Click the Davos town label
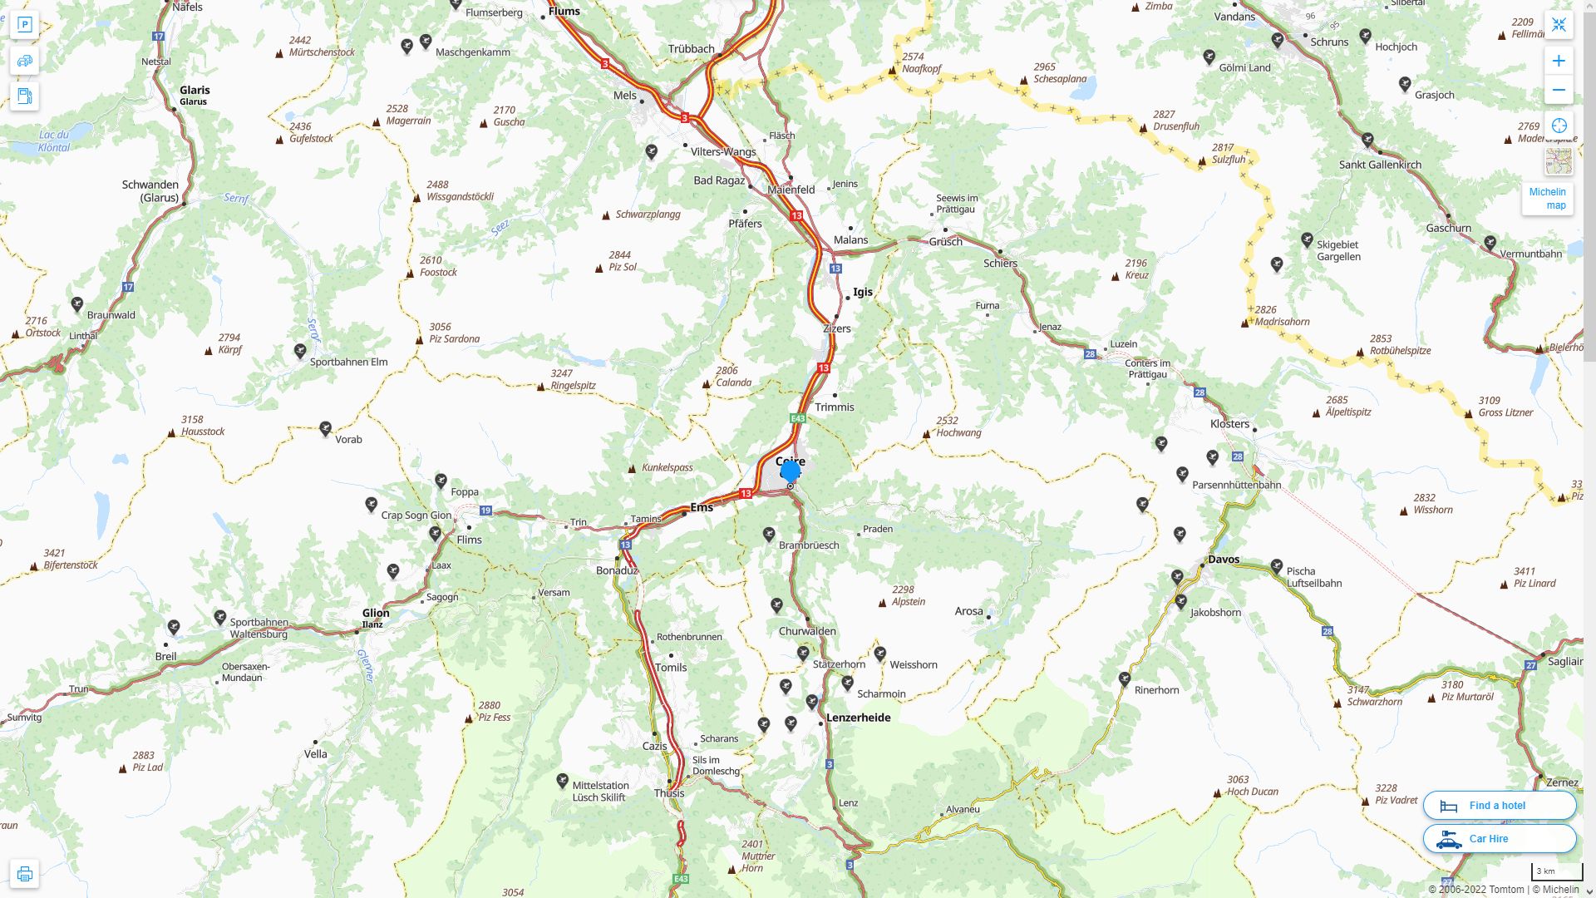tap(1224, 560)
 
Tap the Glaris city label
tap(195, 91)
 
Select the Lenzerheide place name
tap(858, 718)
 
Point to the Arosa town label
tap(968, 611)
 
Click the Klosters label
tap(1229, 424)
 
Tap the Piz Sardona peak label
tap(454, 338)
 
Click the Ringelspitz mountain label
tap(573, 385)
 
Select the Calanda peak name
tap(733, 382)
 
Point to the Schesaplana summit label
tap(1060, 79)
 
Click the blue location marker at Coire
tap(791, 472)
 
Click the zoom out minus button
tap(1559, 91)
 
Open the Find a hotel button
tap(1499, 805)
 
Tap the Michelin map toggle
tap(1547, 198)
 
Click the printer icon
tap(24, 874)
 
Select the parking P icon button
tap(24, 25)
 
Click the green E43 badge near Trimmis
tap(798, 418)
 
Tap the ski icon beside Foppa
tap(441, 481)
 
